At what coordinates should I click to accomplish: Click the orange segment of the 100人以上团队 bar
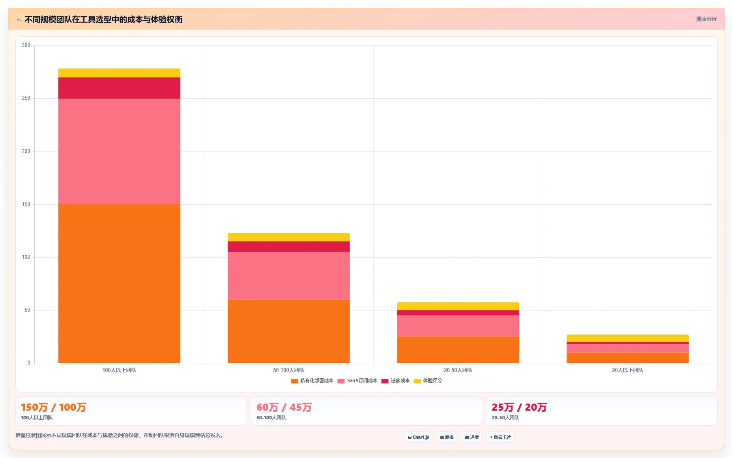point(119,284)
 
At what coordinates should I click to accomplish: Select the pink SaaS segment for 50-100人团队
point(289,276)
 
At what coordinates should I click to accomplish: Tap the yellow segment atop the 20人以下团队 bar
point(628,338)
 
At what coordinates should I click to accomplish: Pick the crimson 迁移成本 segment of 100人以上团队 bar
point(119,88)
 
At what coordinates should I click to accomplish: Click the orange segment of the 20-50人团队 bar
point(458,350)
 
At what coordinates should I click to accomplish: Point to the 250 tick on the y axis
point(26,98)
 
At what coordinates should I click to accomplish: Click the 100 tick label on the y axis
point(26,257)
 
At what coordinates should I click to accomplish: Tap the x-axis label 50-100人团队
point(289,370)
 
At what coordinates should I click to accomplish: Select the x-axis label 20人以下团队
point(628,370)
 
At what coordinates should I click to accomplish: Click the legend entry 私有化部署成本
point(312,381)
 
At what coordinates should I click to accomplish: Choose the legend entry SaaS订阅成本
point(357,381)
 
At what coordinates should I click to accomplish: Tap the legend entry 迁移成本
point(396,381)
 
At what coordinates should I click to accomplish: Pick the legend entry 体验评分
point(428,381)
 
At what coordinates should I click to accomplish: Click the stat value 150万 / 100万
point(54,407)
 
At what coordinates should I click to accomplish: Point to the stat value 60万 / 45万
point(284,407)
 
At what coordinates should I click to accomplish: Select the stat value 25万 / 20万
point(519,407)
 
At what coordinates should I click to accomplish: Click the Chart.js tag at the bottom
point(418,437)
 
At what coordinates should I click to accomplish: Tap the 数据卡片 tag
point(500,437)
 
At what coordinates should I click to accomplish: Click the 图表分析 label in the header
point(706,19)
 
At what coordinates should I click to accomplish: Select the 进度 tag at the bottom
point(472,437)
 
